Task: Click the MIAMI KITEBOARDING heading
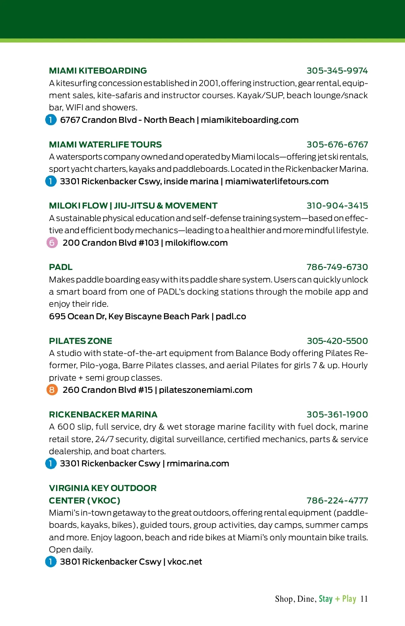click(98, 71)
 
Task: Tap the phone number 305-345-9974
click(337, 71)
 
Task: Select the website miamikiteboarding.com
click(249, 120)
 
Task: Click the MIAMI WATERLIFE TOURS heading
click(105, 145)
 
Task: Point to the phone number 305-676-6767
click(337, 145)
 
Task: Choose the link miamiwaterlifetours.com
click(277, 182)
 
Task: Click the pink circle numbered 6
click(52, 243)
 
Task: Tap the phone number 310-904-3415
click(337, 206)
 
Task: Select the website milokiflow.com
click(196, 243)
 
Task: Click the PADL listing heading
click(61, 267)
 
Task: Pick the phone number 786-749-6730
click(337, 267)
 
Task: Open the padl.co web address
click(231, 317)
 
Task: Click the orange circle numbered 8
click(52, 390)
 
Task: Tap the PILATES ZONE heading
click(81, 341)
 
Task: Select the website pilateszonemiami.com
click(206, 390)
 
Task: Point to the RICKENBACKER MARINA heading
click(103, 415)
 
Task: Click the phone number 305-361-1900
click(337, 415)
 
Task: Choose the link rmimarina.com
click(198, 464)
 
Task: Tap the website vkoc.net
click(185, 562)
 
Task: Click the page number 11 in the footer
click(364, 599)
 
